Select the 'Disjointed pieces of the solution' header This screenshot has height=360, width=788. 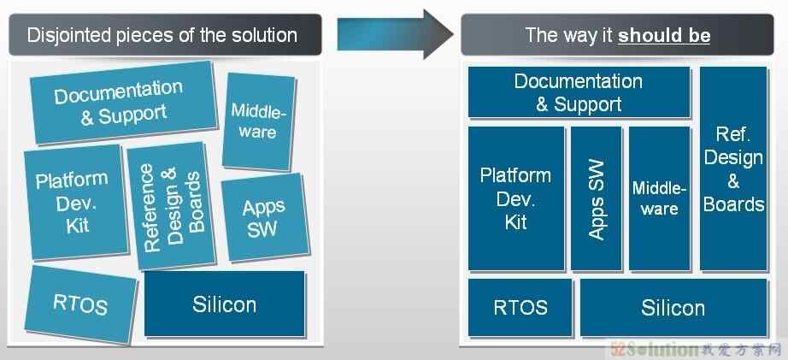coord(162,35)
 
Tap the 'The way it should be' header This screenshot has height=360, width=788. coord(617,35)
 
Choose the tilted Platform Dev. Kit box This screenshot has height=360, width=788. coord(74,202)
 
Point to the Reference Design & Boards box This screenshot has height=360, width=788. coord(172,208)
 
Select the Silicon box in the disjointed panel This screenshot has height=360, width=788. coord(225,304)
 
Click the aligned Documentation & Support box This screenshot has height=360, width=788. coord(579,92)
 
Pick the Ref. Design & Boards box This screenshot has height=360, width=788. coord(733,168)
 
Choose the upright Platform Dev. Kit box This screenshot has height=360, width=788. coord(516,198)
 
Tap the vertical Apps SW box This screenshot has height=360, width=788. coord(597,198)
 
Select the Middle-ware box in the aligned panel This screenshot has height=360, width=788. coord(659,198)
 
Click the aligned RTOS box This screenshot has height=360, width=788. coord(520,307)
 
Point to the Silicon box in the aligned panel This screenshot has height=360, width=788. coord(673,307)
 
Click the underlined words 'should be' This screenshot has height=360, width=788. coord(664,36)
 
